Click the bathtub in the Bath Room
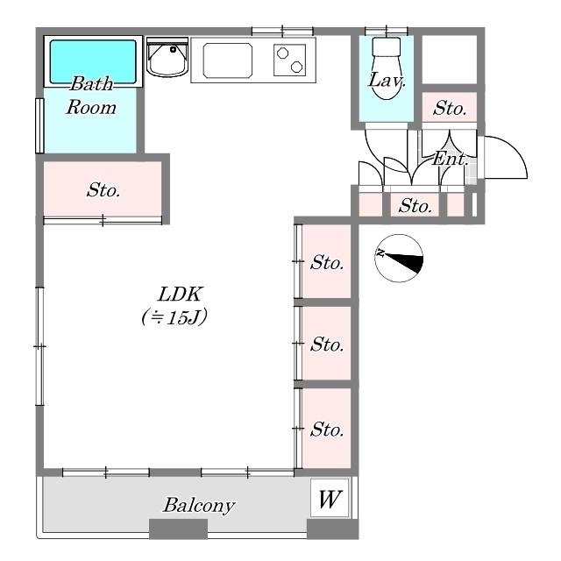[93, 61]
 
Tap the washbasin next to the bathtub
[167, 57]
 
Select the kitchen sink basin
[227, 60]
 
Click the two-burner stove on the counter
[289, 60]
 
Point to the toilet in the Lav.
[386, 68]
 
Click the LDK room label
[181, 295]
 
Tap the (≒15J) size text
[174, 317]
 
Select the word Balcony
[199, 505]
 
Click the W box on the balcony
[330, 498]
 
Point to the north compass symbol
[399, 258]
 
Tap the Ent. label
[450, 159]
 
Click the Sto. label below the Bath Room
[103, 189]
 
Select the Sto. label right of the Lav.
[450, 108]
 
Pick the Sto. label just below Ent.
[415, 206]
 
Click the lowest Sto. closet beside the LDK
[326, 429]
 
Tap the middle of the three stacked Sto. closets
[326, 343]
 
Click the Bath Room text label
[91, 96]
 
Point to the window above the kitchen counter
[282, 32]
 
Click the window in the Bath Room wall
[39, 126]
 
